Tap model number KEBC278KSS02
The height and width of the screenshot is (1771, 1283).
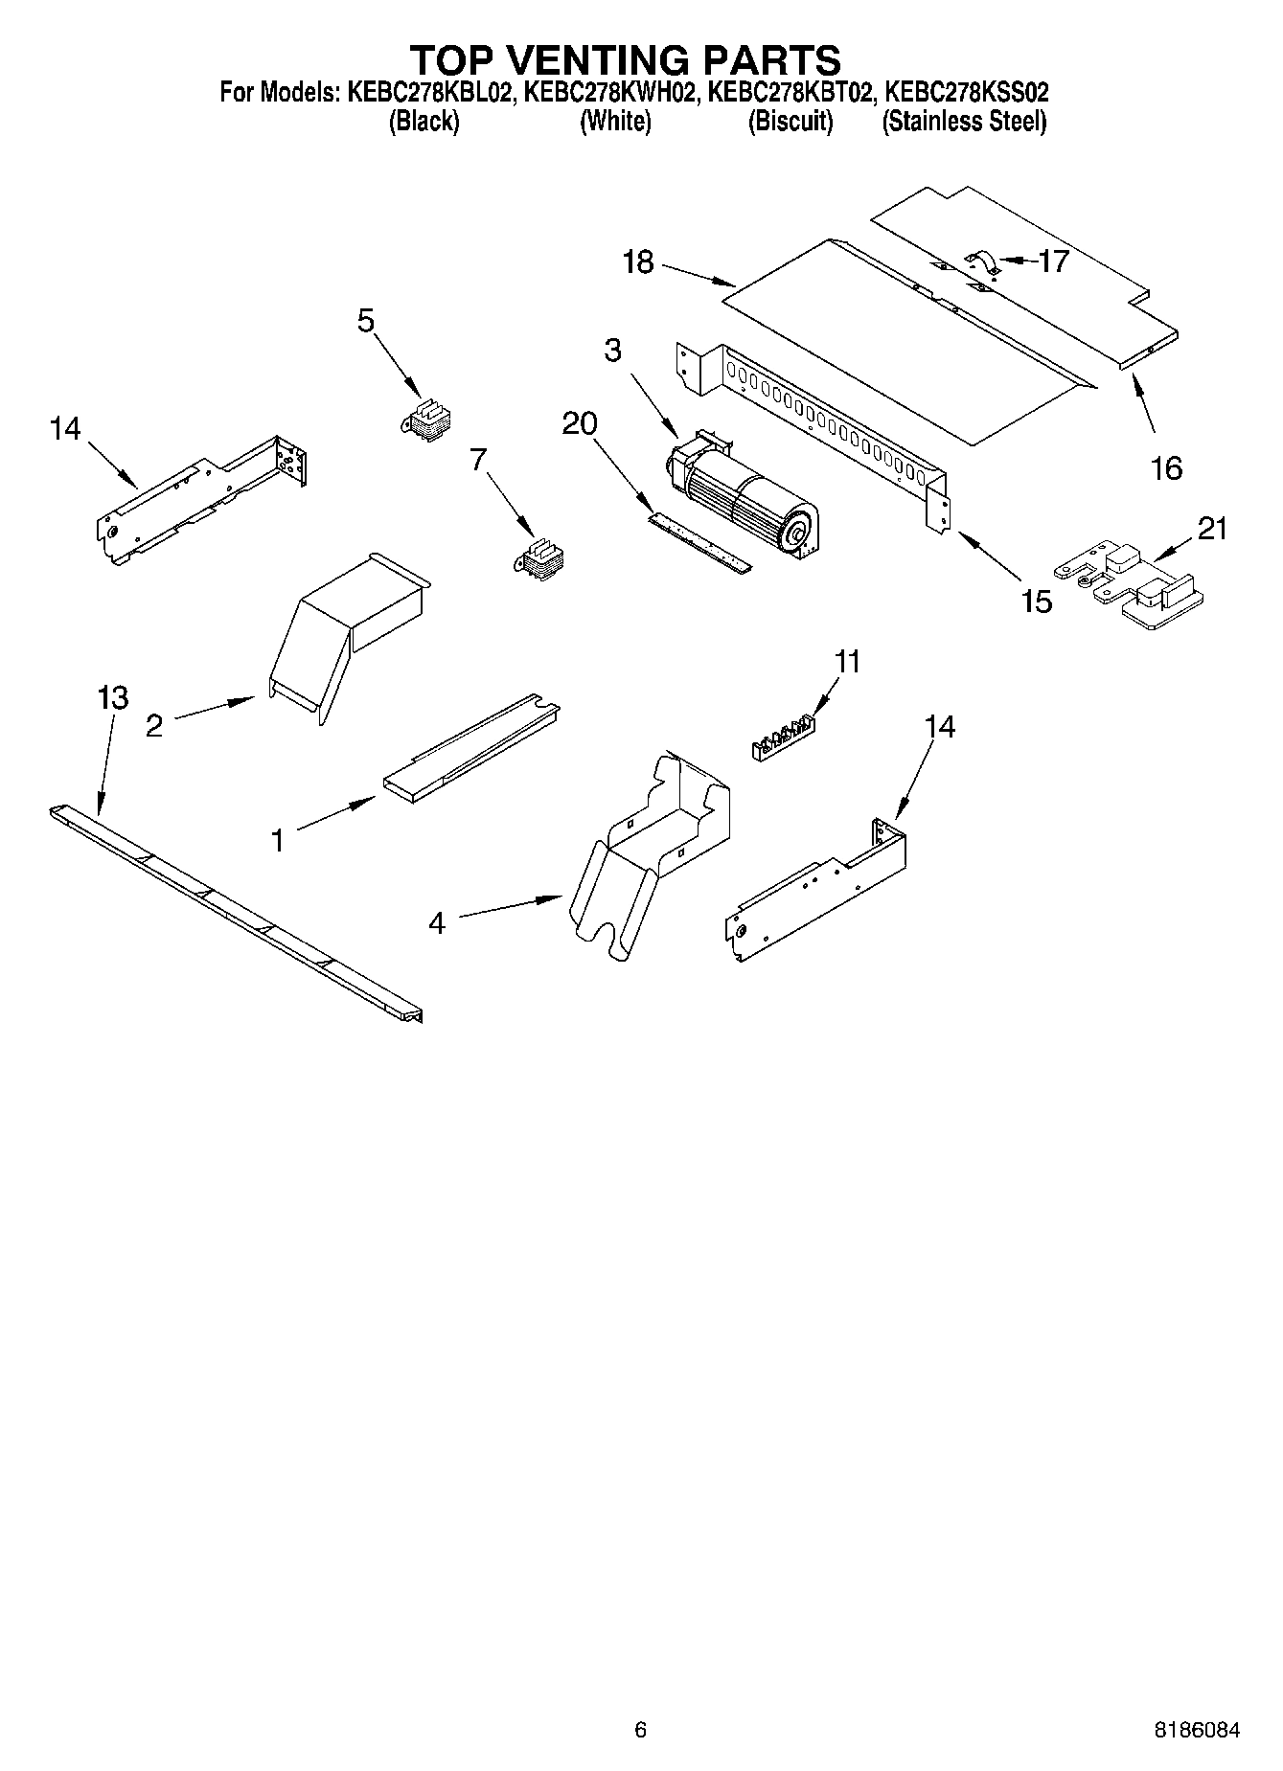pyautogui.click(x=966, y=93)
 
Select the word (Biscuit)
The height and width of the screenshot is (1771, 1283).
pyautogui.click(x=790, y=122)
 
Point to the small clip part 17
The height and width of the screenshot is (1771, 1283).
pyautogui.click(x=982, y=261)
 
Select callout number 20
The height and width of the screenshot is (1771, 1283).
pyautogui.click(x=580, y=422)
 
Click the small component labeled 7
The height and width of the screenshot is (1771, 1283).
pyautogui.click(x=540, y=558)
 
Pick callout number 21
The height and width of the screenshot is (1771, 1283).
pyautogui.click(x=1212, y=528)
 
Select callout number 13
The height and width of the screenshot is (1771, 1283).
pyautogui.click(x=113, y=697)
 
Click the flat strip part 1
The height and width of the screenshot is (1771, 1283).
pyautogui.click(x=471, y=744)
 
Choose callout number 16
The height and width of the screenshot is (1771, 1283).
pyautogui.click(x=1166, y=468)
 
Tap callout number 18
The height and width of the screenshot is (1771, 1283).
pyautogui.click(x=638, y=261)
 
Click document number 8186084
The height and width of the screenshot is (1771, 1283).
pyautogui.click(x=1196, y=1730)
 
